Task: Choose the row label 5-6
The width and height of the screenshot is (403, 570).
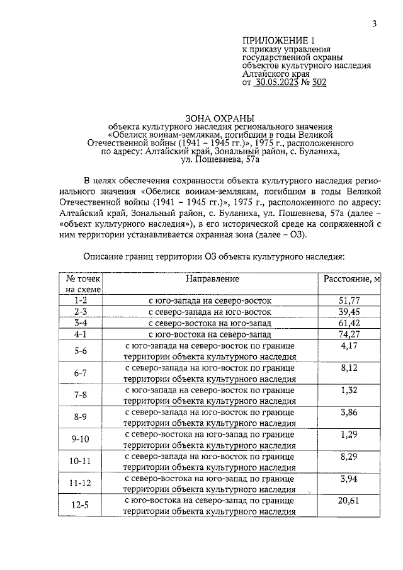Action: pos(80,351)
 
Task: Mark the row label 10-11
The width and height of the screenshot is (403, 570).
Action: pos(80,461)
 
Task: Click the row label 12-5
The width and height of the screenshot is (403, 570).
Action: pos(80,505)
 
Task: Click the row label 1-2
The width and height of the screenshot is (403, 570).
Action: pos(80,300)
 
